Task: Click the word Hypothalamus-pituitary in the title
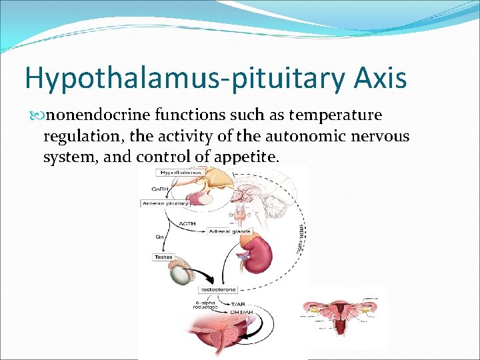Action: [x=183, y=78]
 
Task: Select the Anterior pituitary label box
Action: [x=165, y=203]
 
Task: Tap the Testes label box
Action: [x=163, y=257]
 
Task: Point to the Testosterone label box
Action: [x=218, y=291]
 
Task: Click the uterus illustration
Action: [x=342, y=313]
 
